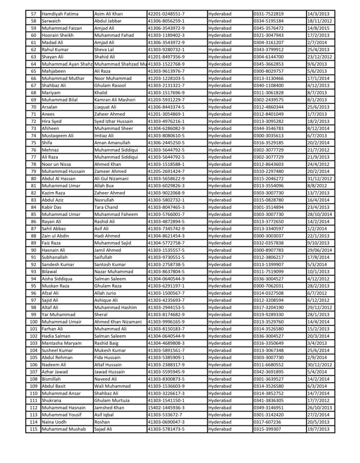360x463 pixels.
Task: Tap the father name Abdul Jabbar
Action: pos(108,21)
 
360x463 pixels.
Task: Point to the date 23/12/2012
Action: pos(319,57)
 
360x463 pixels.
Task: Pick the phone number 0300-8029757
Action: pos(268,71)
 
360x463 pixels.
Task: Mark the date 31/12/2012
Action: pos(319,178)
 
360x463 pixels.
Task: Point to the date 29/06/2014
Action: pos(319,250)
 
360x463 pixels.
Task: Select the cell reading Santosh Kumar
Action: pos(110,264)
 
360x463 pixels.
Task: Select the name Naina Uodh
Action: pos(55,421)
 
